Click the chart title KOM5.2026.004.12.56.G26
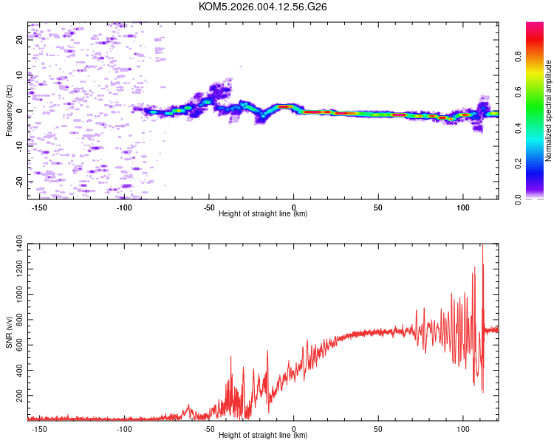tap(263, 7)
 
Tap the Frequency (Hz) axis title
tap(9, 111)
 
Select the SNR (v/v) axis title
tap(9, 332)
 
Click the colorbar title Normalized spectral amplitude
tap(549, 111)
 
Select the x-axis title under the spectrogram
tap(263, 214)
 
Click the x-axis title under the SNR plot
tap(263, 436)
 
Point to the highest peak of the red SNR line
tap(483, 246)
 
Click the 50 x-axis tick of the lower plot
tap(378, 428)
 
